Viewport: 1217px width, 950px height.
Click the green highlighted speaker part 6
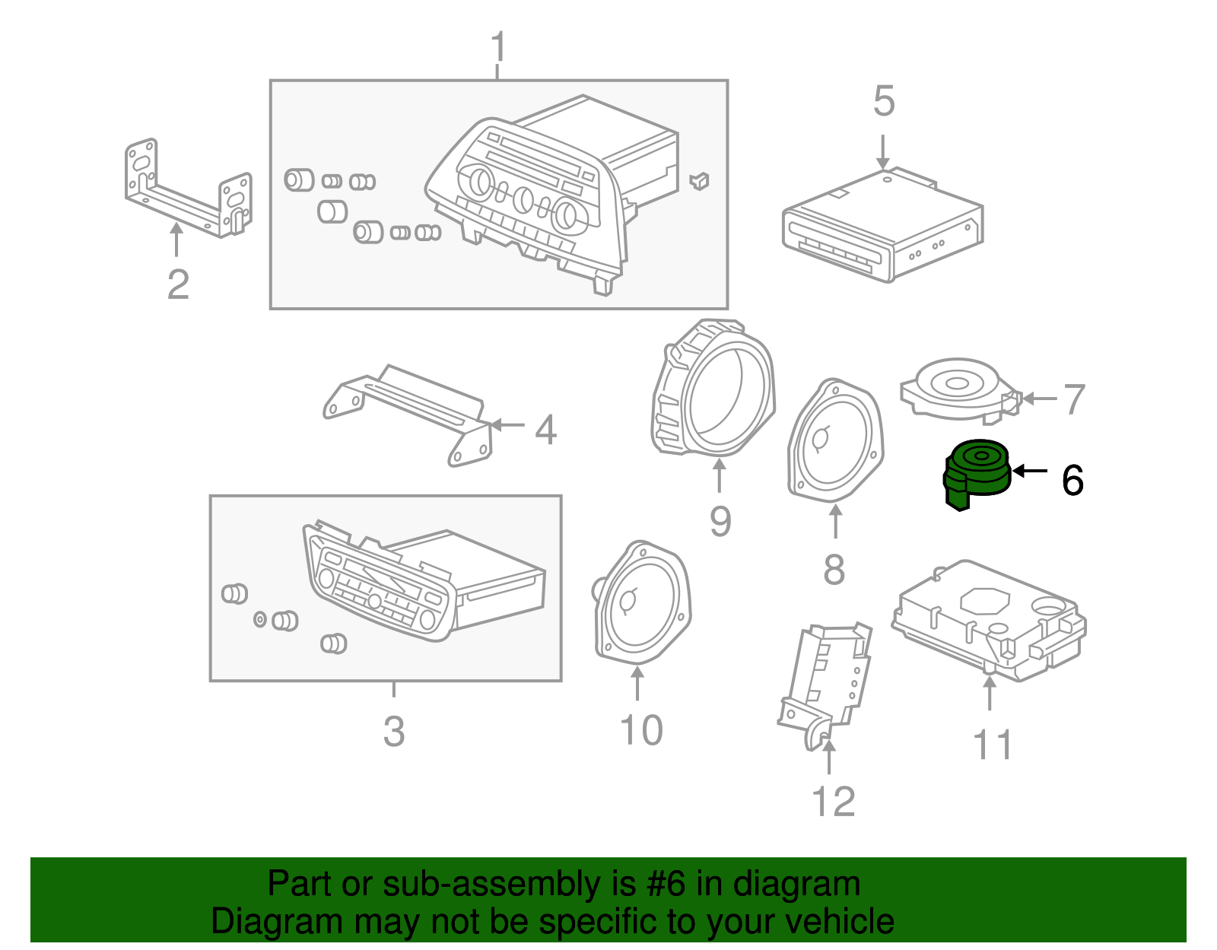(x=977, y=472)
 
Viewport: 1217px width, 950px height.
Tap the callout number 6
(x=1072, y=481)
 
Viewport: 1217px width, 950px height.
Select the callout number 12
(x=834, y=802)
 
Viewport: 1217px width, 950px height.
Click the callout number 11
(x=993, y=745)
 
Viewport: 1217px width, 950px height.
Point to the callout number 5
(x=883, y=101)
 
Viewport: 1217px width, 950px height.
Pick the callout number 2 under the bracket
(x=178, y=284)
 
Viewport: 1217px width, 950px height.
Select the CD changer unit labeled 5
(x=882, y=225)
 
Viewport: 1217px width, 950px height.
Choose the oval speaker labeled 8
(x=835, y=441)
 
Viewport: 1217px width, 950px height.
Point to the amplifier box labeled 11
(x=989, y=620)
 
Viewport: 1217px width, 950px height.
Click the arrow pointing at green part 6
(x=1031, y=471)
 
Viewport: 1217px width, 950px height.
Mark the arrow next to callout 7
(x=1038, y=398)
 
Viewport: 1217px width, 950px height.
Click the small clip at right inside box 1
(x=699, y=180)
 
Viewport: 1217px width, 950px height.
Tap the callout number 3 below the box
(x=393, y=731)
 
